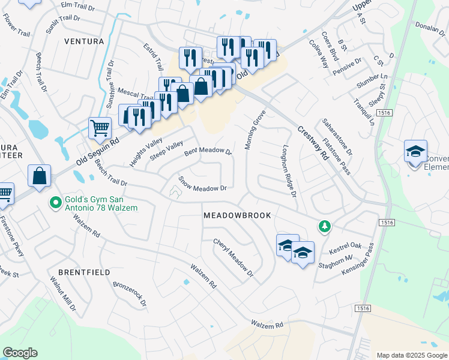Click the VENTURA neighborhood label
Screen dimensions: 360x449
click(84, 41)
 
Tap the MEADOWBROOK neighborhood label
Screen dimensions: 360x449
click(237, 215)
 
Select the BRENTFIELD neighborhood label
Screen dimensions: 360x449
click(84, 272)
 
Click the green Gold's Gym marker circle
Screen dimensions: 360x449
click(55, 203)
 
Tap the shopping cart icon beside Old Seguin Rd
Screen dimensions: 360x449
click(100, 127)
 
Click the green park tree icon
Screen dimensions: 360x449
click(324, 226)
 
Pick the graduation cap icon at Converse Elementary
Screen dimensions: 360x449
click(415, 152)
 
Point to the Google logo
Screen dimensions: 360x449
click(20, 352)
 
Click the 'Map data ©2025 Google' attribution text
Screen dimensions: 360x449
click(411, 355)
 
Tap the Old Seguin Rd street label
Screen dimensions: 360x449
click(98, 150)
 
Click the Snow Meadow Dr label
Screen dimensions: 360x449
click(203, 184)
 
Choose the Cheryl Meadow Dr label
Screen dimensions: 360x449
click(234, 258)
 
